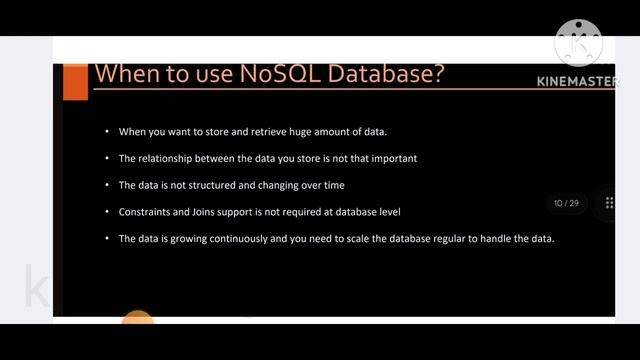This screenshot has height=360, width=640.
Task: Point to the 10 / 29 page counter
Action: pyautogui.click(x=566, y=203)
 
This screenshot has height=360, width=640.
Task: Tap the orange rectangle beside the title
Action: pyautogui.click(x=75, y=80)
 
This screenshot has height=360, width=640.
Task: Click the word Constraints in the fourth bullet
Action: pyautogui.click(x=144, y=211)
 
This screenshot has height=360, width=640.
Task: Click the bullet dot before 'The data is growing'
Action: pyautogui.click(x=107, y=238)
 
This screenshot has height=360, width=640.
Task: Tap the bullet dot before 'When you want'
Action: pyautogui.click(x=107, y=132)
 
